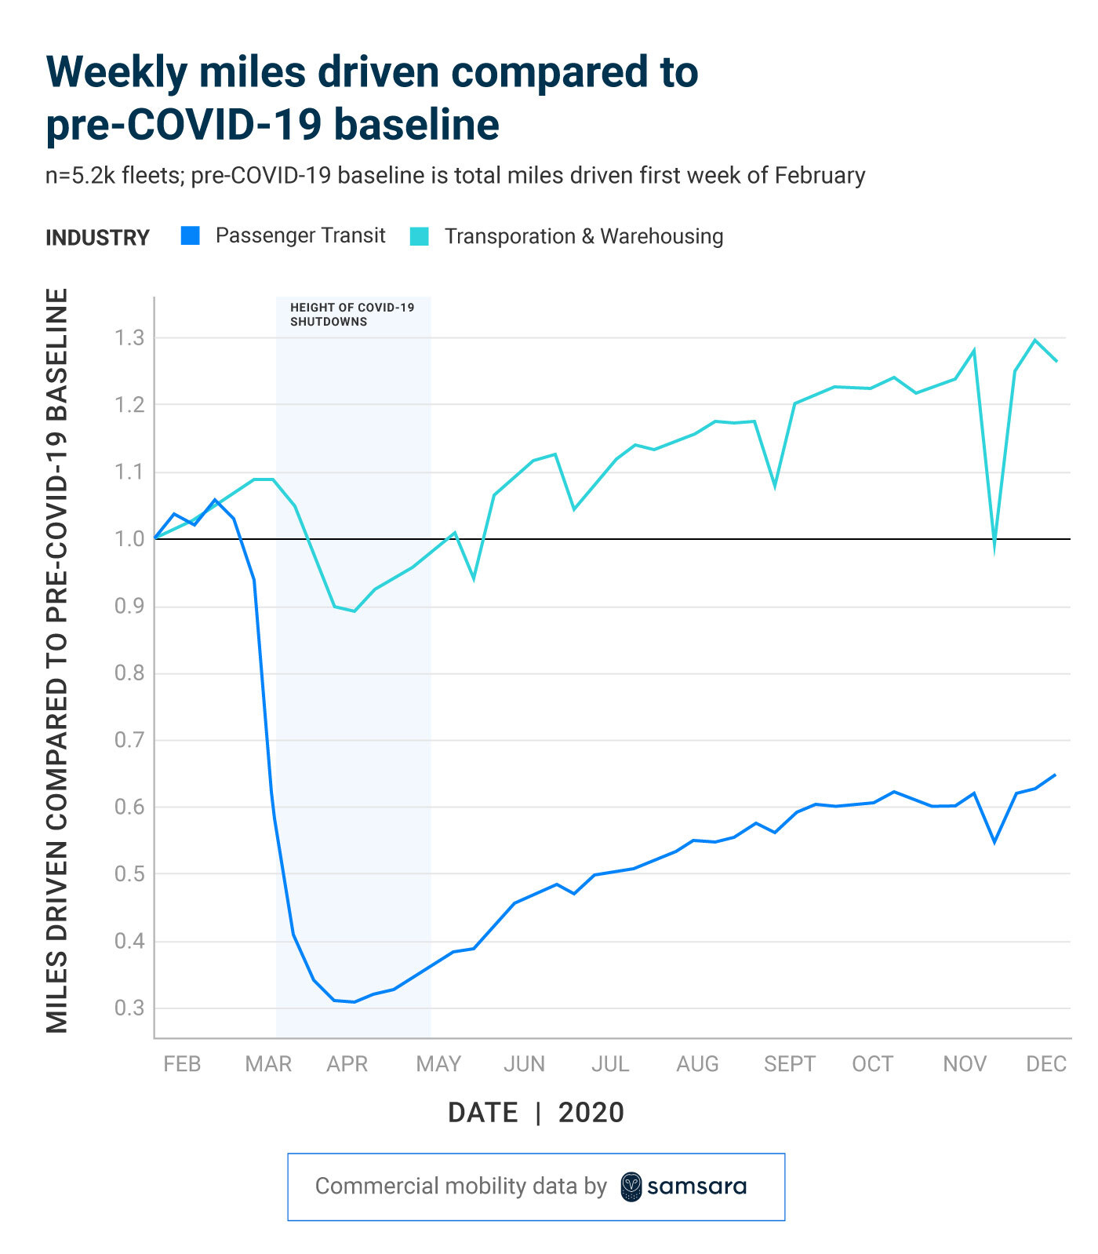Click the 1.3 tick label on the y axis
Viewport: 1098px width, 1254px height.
130,338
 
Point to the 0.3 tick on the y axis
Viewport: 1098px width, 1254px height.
130,1008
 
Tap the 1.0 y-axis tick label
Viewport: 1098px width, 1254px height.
130,539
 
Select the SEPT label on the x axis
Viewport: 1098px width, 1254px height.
790,1064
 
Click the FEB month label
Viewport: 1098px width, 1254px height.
182,1064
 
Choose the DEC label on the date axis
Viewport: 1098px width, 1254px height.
1046,1064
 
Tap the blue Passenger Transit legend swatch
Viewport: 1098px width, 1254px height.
191,235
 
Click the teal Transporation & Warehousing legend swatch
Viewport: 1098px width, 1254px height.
420,236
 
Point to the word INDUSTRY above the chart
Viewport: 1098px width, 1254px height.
97,238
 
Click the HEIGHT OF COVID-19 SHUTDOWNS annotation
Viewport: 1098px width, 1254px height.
352,315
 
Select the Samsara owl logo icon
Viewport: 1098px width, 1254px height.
631,1187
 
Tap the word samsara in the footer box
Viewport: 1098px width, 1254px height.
696,1187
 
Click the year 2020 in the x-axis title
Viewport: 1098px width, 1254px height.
591,1113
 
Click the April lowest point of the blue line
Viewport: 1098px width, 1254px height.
354,1002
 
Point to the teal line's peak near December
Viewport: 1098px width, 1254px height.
1035,340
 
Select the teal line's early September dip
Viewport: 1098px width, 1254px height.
775,486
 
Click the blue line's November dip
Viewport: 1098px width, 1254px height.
994,842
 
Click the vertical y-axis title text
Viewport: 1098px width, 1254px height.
57,661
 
